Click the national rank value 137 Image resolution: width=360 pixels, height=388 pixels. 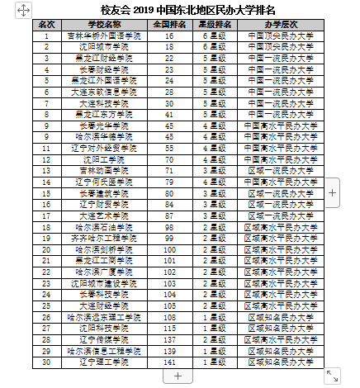pos(169,338)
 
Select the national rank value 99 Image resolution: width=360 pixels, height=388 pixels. pos(169,237)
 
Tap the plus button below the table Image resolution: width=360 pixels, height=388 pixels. pos(177,376)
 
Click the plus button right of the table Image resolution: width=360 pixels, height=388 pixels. pos(332,192)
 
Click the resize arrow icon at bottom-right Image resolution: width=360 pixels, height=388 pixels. pos(332,376)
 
